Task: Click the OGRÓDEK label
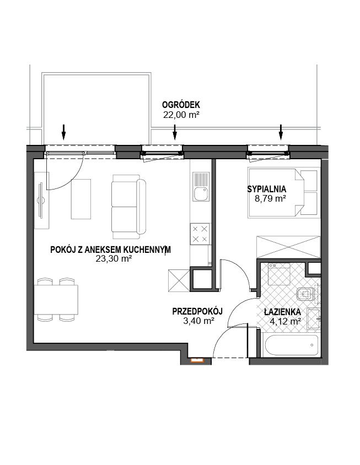[x=181, y=105]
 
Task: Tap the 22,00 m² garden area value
[x=181, y=115]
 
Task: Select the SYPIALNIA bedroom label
[x=266, y=189]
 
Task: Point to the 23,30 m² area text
[x=114, y=259]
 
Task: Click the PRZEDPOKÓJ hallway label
[x=197, y=312]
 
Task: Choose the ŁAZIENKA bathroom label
[x=282, y=312]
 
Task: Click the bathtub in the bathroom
[x=291, y=345]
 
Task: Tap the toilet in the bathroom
[x=305, y=294]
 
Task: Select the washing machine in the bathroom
[x=279, y=274]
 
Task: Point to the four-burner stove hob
[x=200, y=234]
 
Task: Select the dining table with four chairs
[x=56, y=300]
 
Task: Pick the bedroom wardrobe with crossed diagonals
[x=288, y=247]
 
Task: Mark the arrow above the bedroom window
[x=281, y=132]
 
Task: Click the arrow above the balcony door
[x=63, y=132]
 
